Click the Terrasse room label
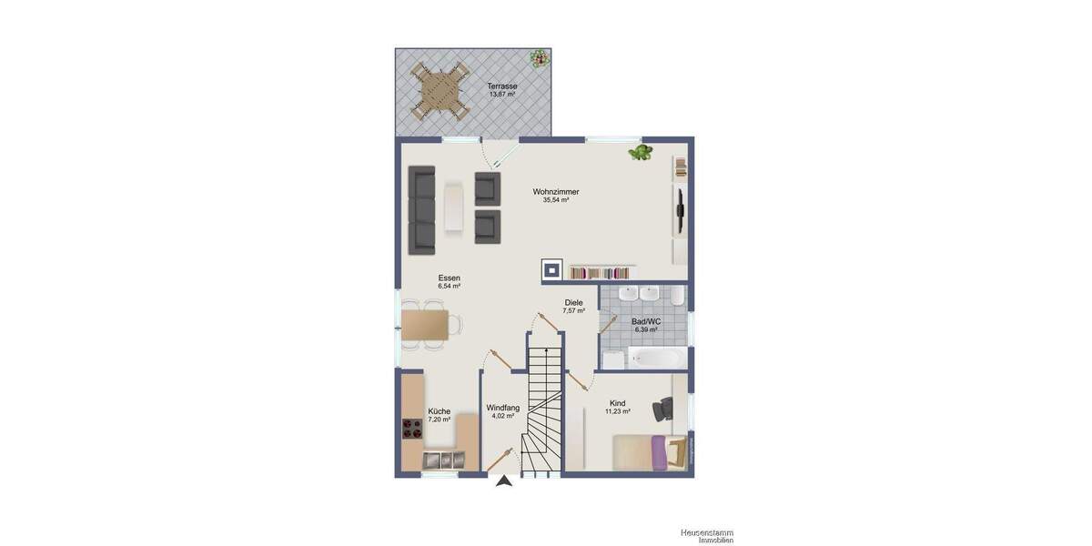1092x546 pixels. point(502,86)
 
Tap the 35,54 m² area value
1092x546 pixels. point(556,200)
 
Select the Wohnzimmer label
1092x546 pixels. point(556,192)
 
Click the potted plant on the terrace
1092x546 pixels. point(541,58)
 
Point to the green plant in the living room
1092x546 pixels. point(642,152)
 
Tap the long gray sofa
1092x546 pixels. point(421,208)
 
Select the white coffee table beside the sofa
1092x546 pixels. point(455,208)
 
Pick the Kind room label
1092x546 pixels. point(618,403)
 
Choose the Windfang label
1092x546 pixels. point(502,407)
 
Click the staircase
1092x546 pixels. point(543,409)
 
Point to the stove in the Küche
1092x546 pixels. point(412,428)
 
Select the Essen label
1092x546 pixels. point(449,278)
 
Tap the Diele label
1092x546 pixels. point(573,302)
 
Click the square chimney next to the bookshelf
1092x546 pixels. point(552,269)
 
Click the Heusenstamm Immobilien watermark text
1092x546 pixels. point(706,536)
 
